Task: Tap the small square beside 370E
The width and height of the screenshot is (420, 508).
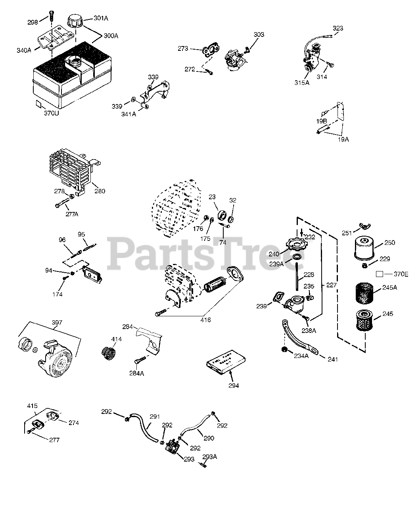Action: [379, 274]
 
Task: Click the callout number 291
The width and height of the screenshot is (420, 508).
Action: [155, 417]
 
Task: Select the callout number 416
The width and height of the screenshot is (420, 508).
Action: [205, 319]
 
